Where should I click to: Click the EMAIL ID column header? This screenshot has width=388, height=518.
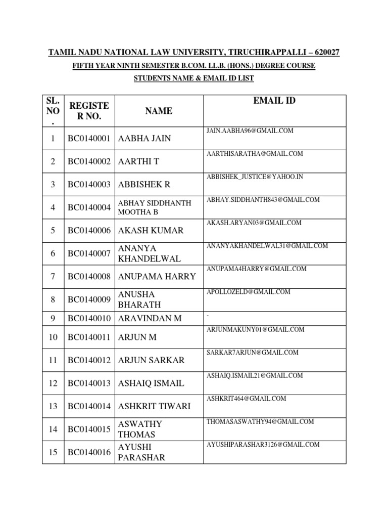coord(274,101)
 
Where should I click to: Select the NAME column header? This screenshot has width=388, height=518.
coord(159,111)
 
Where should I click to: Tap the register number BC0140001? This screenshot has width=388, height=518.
coord(89,139)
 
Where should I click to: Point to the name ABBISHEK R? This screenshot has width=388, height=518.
coord(143,185)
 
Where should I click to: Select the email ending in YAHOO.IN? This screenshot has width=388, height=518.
coord(255,177)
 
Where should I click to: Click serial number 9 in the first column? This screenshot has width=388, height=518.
coord(53,319)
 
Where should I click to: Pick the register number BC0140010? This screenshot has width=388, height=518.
coord(89,319)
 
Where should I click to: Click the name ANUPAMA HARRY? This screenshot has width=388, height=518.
coord(157,277)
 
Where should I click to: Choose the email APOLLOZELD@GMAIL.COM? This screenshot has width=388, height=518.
coord(248,292)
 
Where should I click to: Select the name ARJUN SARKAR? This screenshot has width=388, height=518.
coord(151,360)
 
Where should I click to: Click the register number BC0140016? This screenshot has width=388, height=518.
coord(89,453)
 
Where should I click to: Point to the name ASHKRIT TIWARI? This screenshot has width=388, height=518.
coord(154,407)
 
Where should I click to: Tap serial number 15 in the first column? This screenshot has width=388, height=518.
coord(53,453)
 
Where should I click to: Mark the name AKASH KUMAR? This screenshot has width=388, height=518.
coord(151,231)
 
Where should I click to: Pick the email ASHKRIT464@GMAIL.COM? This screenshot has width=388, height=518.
coord(247,399)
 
